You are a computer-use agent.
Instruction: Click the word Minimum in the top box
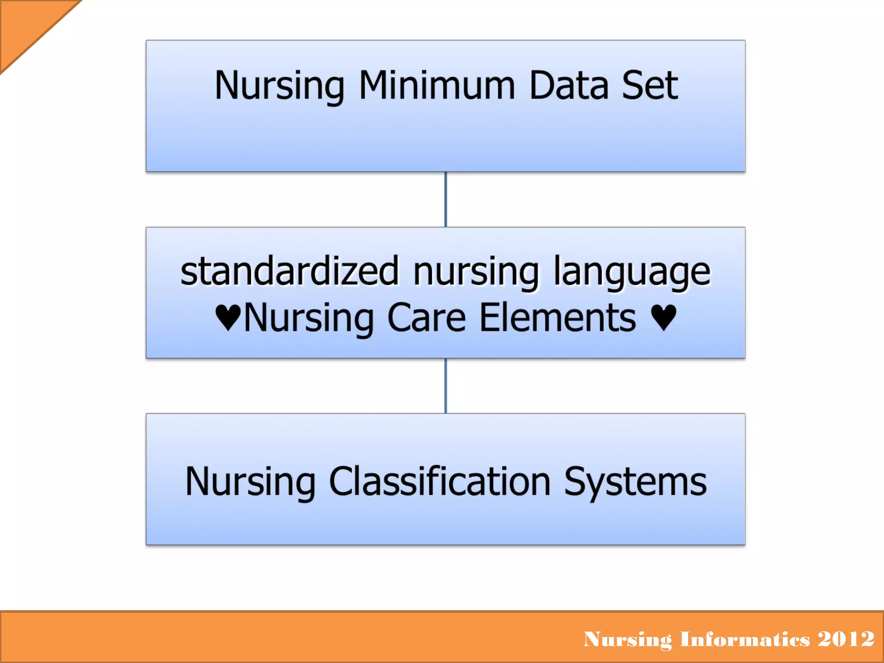click(x=437, y=85)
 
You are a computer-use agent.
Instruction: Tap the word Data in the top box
click(x=569, y=85)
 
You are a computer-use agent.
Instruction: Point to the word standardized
click(x=289, y=272)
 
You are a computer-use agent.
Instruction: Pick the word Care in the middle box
click(x=426, y=318)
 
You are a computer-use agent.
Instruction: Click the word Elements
click(x=557, y=318)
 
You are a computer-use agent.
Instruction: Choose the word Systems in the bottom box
click(x=635, y=482)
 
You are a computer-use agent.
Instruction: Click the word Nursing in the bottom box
click(x=250, y=482)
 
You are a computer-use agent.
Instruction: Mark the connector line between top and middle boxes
click(x=445, y=199)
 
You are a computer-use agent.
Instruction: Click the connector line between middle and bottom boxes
click(x=445, y=386)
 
